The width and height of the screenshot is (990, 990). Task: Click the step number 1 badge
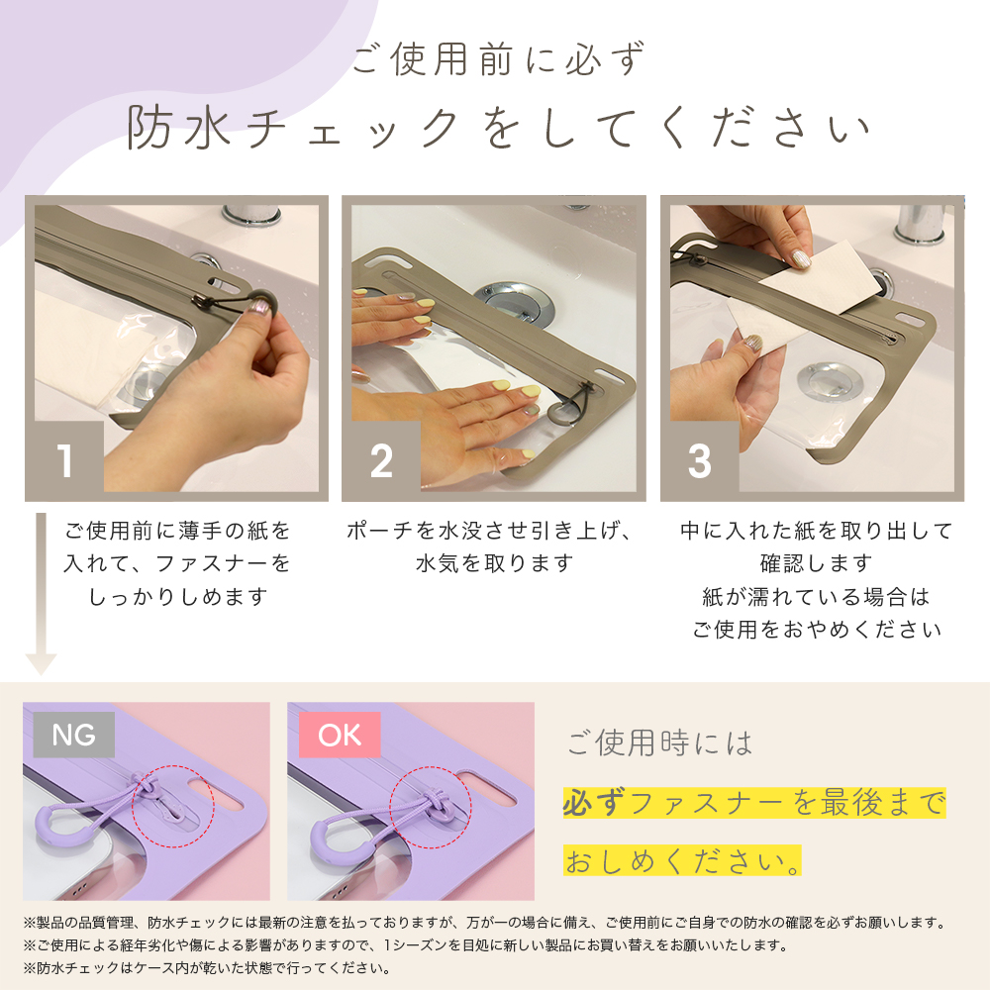click(x=64, y=460)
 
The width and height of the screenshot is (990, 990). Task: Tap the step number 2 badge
click(x=381, y=460)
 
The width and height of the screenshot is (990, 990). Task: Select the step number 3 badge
click(x=700, y=460)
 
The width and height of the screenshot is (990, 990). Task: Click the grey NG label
click(x=74, y=735)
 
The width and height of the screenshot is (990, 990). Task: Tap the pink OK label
click(x=340, y=735)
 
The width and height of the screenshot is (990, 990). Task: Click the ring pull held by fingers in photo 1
click(x=260, y=305)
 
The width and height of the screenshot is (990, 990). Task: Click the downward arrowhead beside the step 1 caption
click(x=41, y=664)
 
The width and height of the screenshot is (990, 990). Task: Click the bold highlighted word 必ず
click(x=593, y=803)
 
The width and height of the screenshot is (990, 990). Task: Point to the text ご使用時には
click(x=659, y=742)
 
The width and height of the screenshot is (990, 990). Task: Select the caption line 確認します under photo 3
click(x=816, y=563)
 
